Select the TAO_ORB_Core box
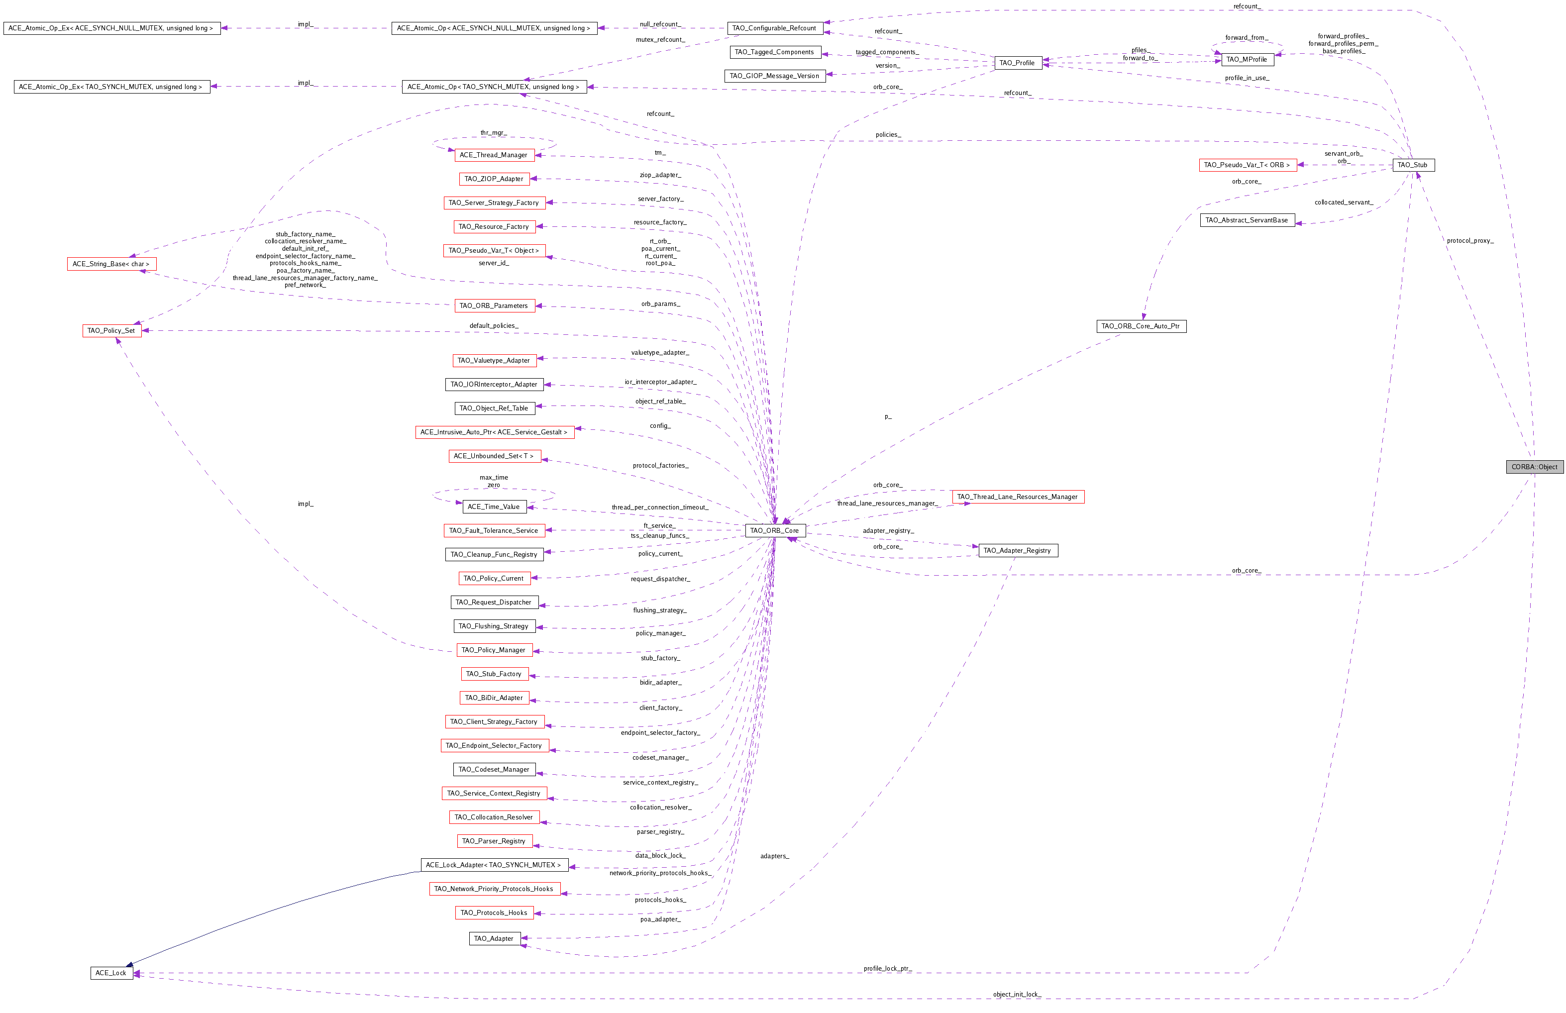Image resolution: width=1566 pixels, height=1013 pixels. (x=775, y=530)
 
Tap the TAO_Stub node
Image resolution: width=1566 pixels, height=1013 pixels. (x=1413, y=165)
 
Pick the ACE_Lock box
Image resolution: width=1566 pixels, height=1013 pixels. (x=111, y=972)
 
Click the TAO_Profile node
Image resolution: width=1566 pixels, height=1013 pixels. (x=1018, y=63)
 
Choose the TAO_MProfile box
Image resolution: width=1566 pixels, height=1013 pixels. (x=1247, y=59)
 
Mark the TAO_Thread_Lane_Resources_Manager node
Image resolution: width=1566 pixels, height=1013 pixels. (x=1018, y=497)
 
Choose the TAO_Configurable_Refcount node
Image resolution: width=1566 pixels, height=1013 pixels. (x=775, y=28)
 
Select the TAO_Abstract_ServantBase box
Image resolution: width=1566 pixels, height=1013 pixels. (x=1247, y=220)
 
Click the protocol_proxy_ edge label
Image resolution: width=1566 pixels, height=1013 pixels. (x=1470, y=241)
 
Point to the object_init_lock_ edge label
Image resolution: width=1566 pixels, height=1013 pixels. (x=1017, y=994)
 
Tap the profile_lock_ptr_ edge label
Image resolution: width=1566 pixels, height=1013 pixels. (x=887, y=968)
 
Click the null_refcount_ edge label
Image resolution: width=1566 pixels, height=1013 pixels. (x=660, y=24)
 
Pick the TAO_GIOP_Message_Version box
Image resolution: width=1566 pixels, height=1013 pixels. (x=775, y=76)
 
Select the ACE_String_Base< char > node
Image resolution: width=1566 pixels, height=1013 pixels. (x=111, y=264)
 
